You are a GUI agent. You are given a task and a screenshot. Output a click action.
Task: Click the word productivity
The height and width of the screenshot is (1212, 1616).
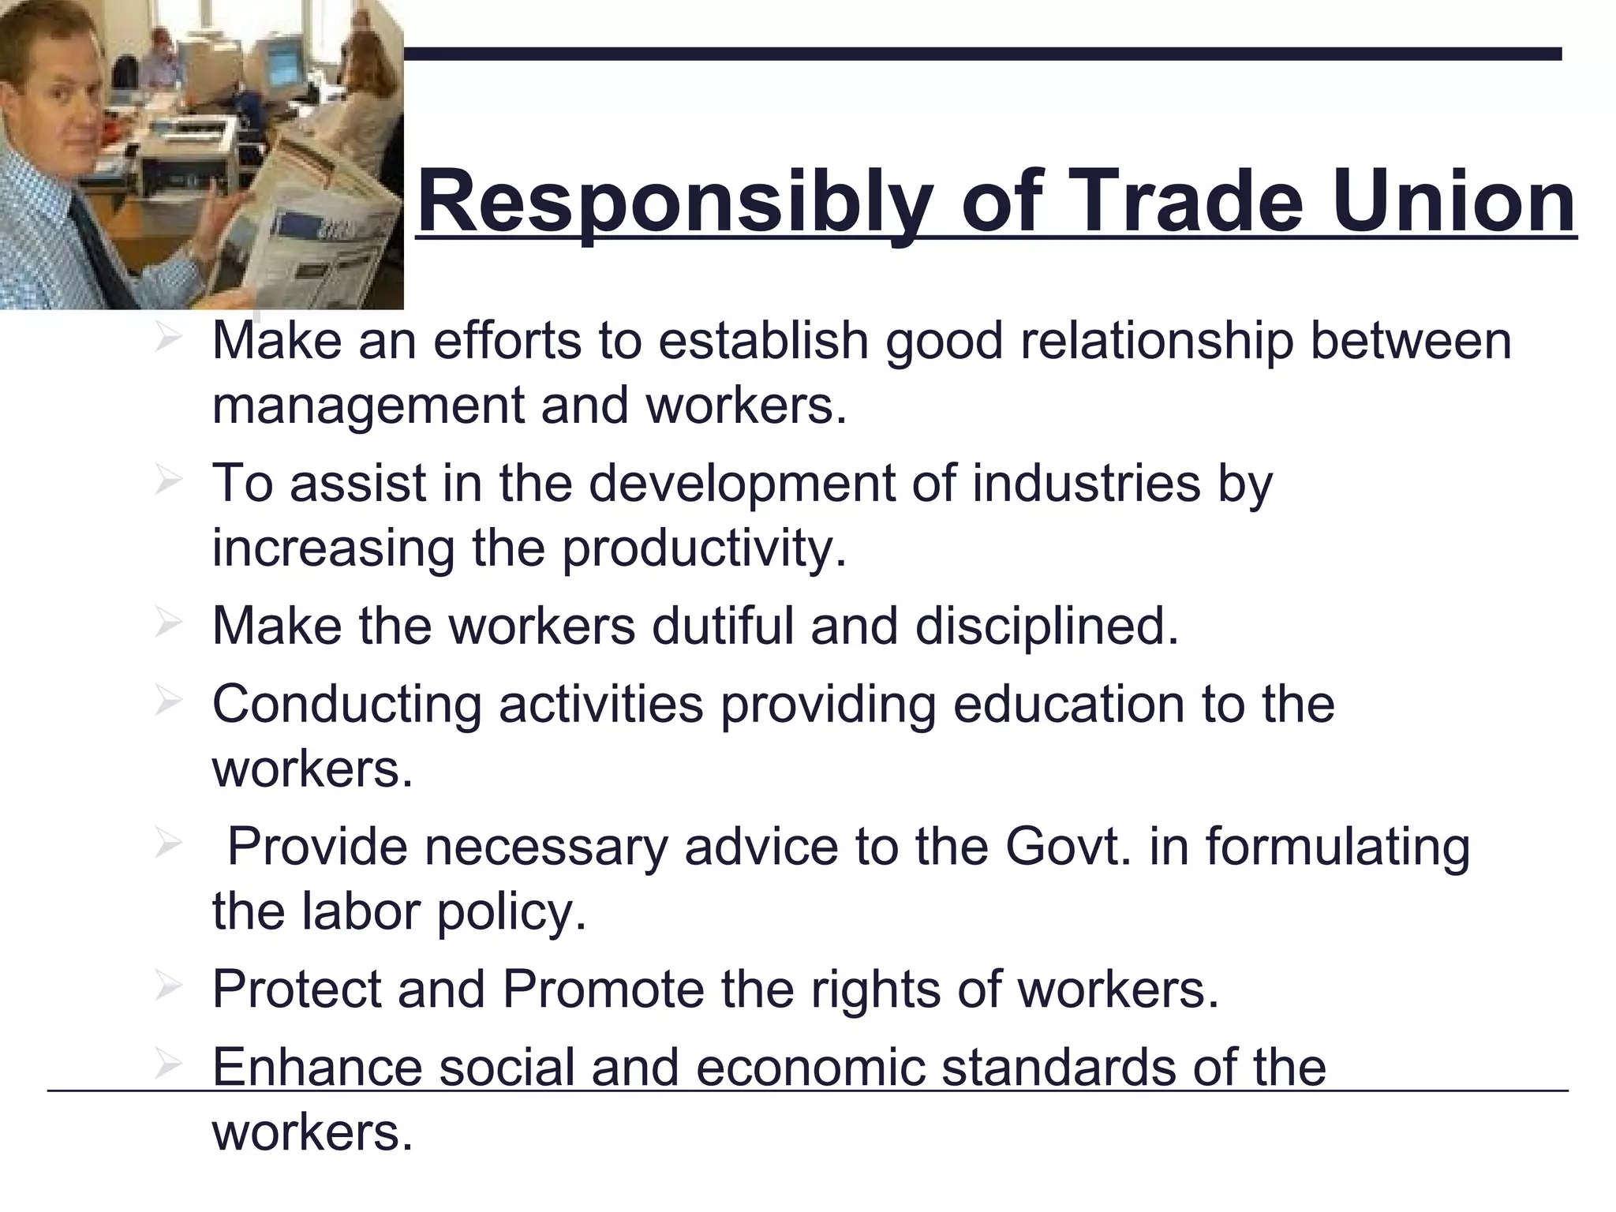coord(703,548)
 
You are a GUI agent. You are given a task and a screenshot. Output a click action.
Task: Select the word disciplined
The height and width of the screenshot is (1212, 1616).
coord(1046,626)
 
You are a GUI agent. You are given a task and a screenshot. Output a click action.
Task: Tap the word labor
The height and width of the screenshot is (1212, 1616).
coord(361,911)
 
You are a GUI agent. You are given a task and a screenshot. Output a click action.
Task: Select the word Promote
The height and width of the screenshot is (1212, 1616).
coord(603,989)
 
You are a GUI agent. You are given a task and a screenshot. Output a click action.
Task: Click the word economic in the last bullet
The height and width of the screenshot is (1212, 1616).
coord(810,1067)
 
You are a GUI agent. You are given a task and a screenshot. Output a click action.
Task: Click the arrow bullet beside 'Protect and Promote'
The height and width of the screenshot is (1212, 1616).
coord(168,987)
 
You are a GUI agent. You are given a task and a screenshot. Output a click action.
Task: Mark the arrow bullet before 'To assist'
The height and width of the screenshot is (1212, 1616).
coord(168,481)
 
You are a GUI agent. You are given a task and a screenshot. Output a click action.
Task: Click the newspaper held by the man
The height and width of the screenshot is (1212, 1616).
coord(316,237)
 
